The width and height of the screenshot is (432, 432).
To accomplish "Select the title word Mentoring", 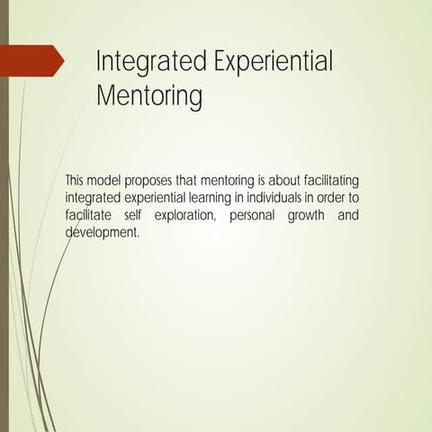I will [x=149, y=94].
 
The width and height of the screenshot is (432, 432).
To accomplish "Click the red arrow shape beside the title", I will [x=36, y=60].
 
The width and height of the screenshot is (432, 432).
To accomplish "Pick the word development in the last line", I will [x=102, y=231].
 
